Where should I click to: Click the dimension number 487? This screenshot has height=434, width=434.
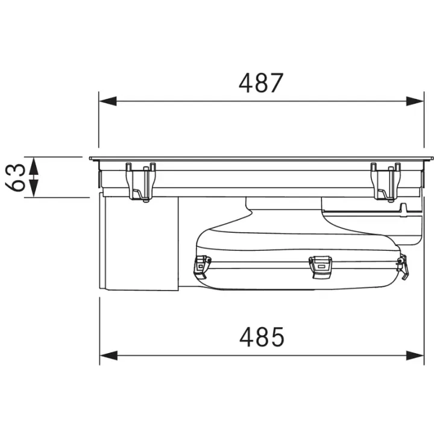[x=261, y=83]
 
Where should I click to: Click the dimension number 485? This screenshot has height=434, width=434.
[x=262, y=336]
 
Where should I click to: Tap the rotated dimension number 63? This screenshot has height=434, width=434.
[x=16, y=177]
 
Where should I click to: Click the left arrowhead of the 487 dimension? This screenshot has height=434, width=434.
[x=108, y=101]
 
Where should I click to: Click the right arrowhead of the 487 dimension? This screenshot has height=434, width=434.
[x=415, y=101]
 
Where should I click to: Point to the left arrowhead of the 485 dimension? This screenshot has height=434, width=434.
[x=108, y=356]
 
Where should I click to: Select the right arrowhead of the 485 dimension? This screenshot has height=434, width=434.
[x=415, y=356]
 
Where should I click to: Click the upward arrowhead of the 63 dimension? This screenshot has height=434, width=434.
[x=34, y=166]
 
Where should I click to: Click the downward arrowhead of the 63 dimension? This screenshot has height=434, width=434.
[x=34, y=189]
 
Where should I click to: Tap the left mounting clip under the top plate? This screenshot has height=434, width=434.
[x=141, y=182]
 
